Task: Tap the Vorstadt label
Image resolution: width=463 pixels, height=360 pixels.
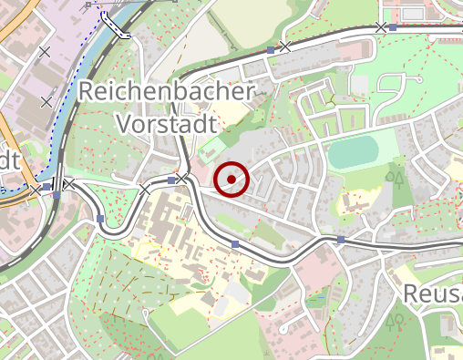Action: coord(166,123)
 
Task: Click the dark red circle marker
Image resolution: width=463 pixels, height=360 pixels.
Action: coord(232,179)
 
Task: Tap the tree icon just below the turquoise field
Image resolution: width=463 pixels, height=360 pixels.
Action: coord(397,176)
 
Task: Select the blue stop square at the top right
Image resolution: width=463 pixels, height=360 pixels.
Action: coord(393,27)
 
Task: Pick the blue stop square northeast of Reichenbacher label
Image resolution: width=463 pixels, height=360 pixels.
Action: coord(271,49)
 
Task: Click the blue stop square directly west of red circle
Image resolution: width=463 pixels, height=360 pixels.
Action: coord(170,180)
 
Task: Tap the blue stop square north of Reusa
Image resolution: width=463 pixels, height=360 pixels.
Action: coord(340,240)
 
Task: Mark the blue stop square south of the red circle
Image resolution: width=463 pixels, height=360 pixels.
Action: coord(235,244)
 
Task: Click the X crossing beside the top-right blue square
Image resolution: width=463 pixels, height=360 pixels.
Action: coord(381,27)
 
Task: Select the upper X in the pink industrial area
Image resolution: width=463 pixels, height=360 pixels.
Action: coord(45,53)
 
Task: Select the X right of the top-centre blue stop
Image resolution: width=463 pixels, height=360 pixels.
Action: coord(285,46)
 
